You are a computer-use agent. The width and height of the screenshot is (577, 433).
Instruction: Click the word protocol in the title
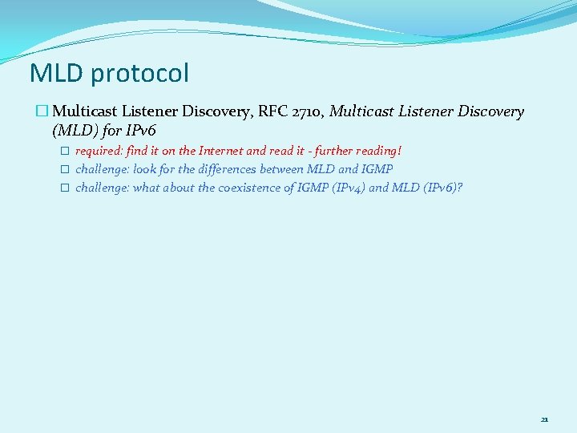tap(139, 75)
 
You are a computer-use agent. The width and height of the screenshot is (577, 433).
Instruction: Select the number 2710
tap(309, 112)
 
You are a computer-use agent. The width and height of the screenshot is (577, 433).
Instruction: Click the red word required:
tap(99, 151)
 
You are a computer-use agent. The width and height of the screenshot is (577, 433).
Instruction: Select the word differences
tap(230, 169)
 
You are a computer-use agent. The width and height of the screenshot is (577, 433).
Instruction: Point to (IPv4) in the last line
tap(345, 188)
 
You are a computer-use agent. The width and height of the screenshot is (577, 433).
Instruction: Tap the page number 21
tap(545, 419)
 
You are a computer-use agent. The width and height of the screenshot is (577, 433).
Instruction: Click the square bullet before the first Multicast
tap(44, 112)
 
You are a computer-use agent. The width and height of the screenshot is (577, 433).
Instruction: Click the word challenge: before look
tap(103, 169)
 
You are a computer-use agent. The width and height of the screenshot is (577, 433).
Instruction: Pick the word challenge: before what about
tap(103, 188)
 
